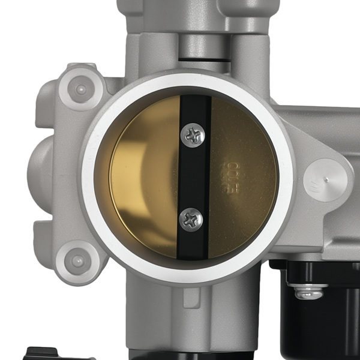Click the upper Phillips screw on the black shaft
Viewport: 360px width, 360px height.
193,136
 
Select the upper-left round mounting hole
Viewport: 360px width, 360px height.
80,90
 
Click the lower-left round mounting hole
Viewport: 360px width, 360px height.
77,261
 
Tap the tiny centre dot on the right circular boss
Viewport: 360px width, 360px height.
326,179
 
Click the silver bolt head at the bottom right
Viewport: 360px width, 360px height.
309,292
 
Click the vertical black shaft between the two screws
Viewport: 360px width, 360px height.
193,178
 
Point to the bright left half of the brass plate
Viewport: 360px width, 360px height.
144,180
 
